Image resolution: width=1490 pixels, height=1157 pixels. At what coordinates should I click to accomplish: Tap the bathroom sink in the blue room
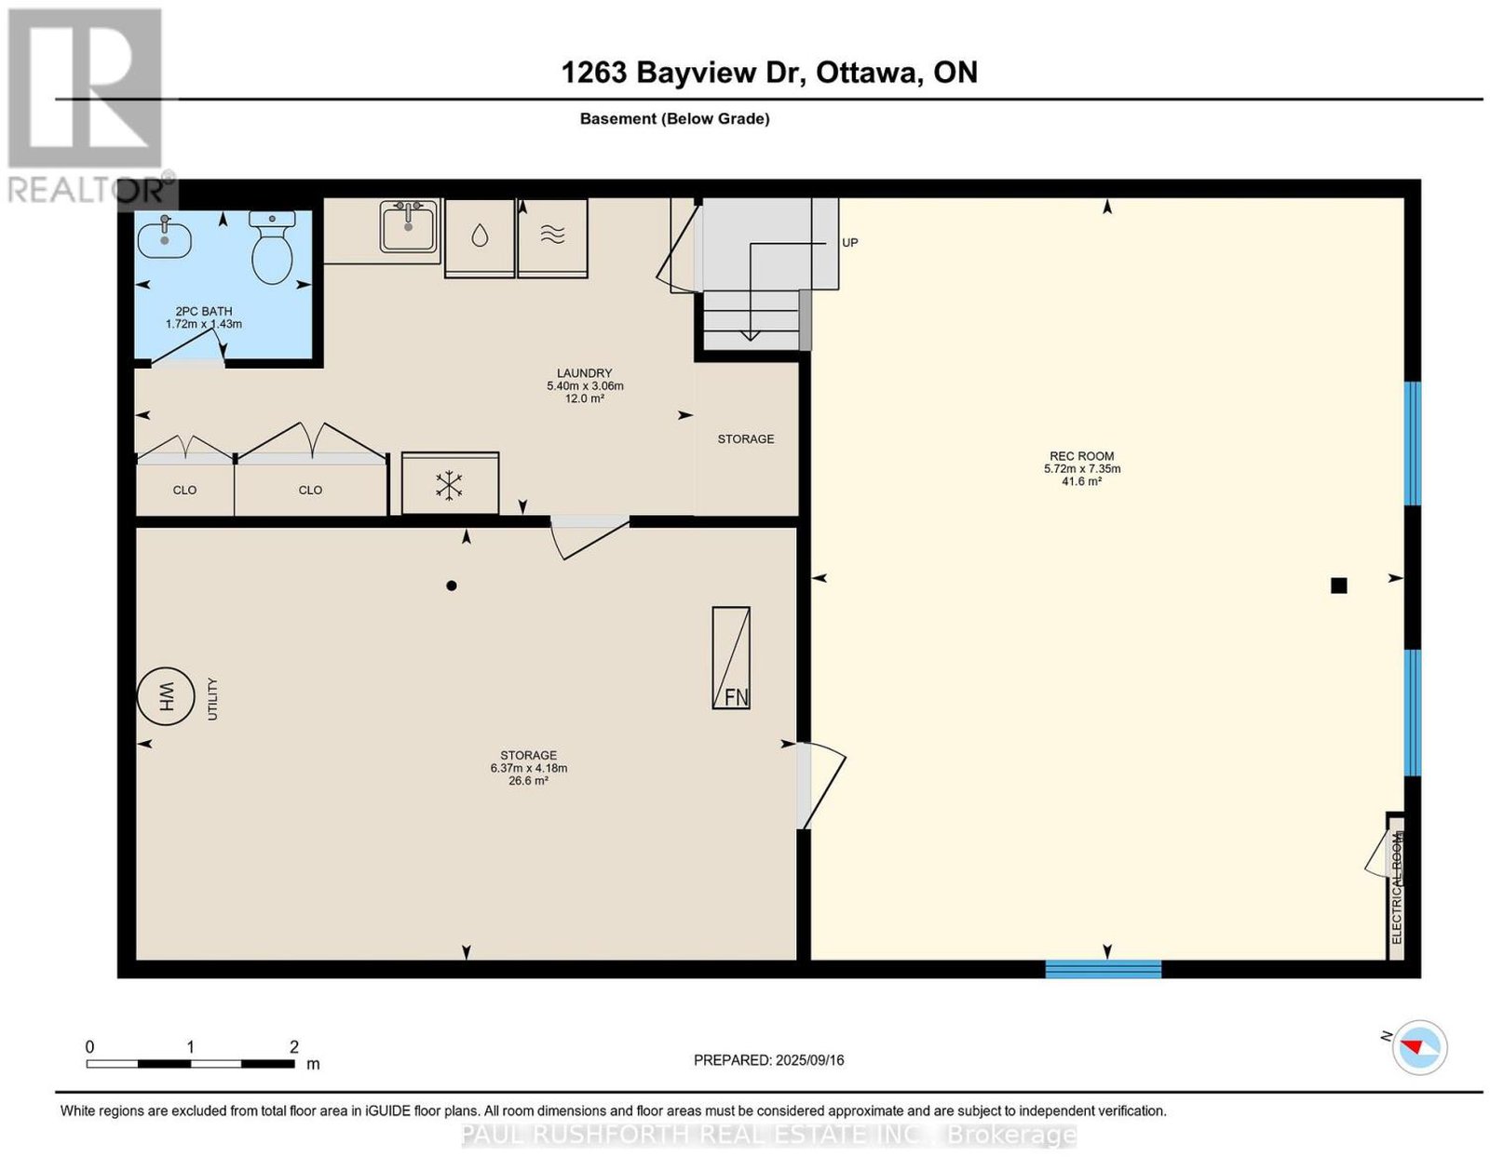[x=165, y=237]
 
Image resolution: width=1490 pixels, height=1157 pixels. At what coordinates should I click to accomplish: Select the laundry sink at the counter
[x=409, y=226]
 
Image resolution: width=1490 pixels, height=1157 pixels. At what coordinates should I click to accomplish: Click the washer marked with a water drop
[x=480, y=237]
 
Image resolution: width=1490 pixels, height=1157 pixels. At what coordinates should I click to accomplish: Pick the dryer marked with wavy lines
[x=552, y=237]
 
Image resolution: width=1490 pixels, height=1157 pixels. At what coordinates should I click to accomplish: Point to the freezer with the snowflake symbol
[x=450, y=484]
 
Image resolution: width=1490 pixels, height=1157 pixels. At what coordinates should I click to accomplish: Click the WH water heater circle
[x=166, y=696]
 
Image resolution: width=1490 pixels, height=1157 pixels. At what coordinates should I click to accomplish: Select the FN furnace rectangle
[x=731, y=658]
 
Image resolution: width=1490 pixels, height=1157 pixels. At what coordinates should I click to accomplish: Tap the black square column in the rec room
[x=1338, y=585]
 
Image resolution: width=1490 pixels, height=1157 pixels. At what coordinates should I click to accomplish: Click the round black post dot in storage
[x=451, y=585]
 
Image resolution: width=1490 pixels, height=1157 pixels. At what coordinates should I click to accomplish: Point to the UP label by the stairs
[x=849, y=243]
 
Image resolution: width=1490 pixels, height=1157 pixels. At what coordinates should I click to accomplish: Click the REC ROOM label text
[x=1081, y=456]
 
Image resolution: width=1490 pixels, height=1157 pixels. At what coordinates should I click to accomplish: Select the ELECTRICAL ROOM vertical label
[x=1397, y=888]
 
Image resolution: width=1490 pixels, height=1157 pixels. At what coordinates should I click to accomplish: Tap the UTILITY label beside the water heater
[x=212, y=699]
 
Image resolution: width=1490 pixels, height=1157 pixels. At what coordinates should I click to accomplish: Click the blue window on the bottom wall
[x=1103, y=969]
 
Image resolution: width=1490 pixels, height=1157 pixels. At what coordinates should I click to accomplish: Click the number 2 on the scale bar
[x=294, y=1047]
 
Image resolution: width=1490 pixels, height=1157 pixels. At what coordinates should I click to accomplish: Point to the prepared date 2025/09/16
[x=809, y=1060]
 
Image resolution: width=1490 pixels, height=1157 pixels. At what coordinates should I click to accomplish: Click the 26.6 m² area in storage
[x=528, y=780]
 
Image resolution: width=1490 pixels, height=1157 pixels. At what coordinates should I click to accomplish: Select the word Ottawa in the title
[x=867, y=73]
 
